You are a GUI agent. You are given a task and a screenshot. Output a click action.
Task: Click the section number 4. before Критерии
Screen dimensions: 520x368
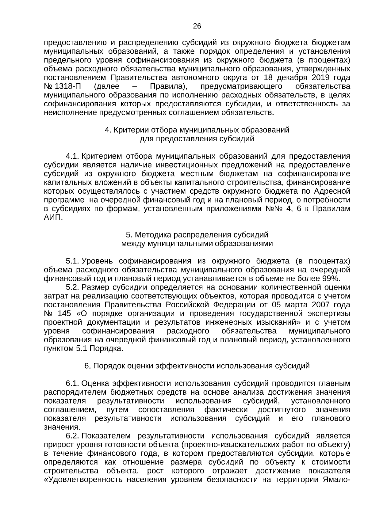tap(108, 130)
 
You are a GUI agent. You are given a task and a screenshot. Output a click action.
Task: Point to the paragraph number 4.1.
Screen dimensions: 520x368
tap(73, 156)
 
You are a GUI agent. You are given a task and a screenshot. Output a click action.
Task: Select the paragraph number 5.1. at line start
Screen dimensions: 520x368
tap(73, 261)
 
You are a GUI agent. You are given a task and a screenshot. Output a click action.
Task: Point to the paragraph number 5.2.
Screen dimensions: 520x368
tap(73, 287)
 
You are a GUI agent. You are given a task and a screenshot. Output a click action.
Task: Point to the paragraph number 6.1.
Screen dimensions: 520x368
tap(73, 383)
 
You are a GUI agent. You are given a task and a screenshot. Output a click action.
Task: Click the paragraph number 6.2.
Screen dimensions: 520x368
tap(73, 436)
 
